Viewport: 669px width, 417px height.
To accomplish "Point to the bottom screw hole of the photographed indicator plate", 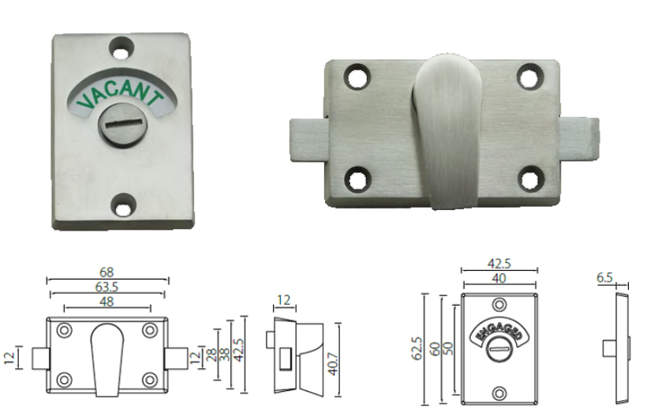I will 122,207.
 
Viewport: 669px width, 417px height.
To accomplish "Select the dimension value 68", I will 108,272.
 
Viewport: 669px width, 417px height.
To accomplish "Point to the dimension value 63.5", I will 108,287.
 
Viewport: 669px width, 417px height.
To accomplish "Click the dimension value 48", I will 108,301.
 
